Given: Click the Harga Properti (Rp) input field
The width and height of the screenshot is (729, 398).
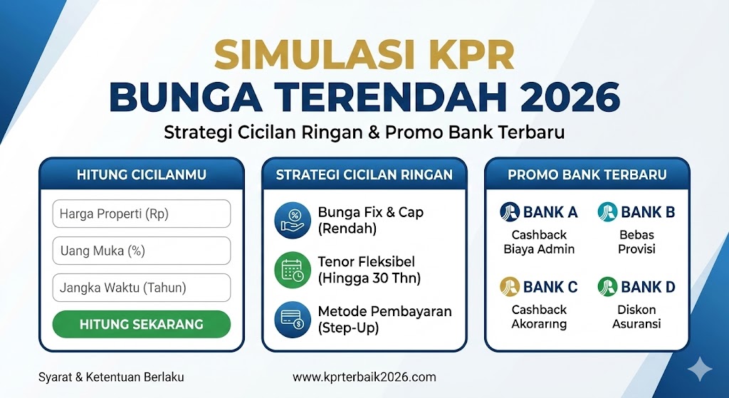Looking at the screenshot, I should (141, 214).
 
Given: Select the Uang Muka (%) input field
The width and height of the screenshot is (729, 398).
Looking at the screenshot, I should (141, 251).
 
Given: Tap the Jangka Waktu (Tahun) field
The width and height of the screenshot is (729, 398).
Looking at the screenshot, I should (141, 288).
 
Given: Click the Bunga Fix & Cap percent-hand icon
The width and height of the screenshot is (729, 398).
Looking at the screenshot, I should (292, 221).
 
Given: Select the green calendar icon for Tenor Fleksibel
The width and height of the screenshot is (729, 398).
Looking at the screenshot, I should (292, 270).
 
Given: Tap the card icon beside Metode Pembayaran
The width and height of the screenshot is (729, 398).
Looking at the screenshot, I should (292, 320).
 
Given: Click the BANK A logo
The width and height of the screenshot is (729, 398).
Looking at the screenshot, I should (510, 211).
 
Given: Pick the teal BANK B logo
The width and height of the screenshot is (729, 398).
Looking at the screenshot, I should (607, 211).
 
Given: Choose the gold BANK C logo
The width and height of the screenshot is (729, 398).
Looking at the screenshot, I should (510, 287).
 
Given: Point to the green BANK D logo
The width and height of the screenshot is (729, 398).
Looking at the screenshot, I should (607, 287).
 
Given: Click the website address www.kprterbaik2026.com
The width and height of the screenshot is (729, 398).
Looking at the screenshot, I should (364, 377).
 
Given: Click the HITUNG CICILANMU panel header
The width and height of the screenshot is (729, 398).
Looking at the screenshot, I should (141, 174).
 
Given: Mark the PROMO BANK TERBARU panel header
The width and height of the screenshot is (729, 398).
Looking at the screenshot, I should (587, 174).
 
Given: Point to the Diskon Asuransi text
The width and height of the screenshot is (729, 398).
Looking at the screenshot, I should (636, 317).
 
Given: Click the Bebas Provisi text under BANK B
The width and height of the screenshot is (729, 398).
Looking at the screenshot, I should (636, 241).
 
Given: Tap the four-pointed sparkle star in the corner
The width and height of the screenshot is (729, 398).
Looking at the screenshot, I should (701, 369).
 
